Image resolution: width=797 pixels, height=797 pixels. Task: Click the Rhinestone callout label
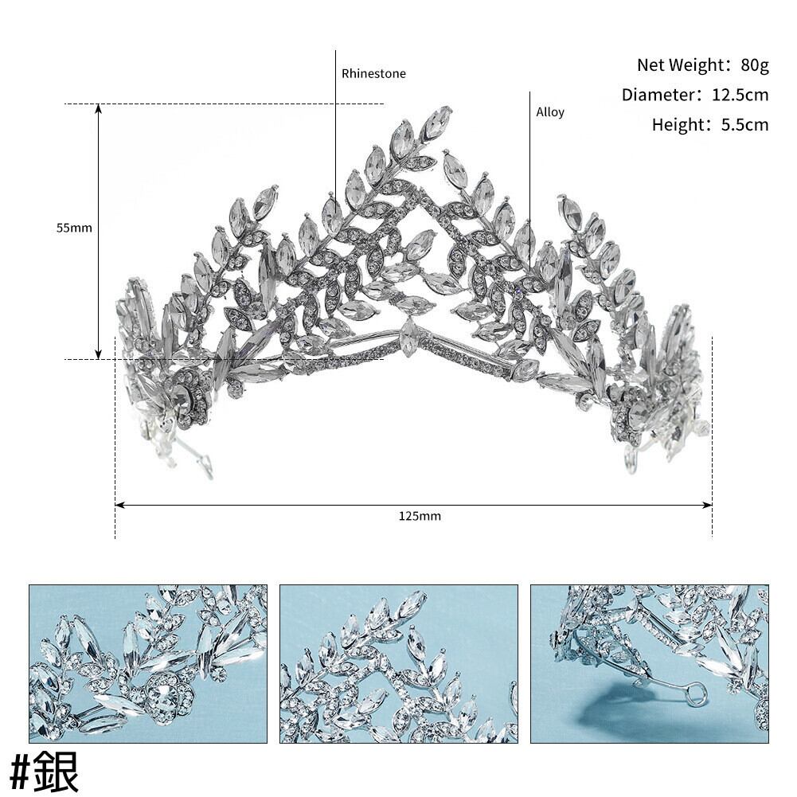coord(373,74)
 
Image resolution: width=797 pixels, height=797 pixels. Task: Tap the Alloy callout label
coord(550,112)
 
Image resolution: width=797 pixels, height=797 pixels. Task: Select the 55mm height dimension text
coord(74,228)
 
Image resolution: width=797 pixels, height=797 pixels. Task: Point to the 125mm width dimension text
coord(420,517)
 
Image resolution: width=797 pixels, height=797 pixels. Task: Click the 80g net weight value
coord(755,65)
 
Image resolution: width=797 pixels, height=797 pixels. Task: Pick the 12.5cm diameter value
coord(740,95)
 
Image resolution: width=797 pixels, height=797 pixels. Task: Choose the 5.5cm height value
coord(744,125)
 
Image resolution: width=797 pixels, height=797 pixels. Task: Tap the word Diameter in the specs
coord(658,95)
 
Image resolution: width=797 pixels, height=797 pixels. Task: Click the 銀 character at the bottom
coord(56,771)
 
